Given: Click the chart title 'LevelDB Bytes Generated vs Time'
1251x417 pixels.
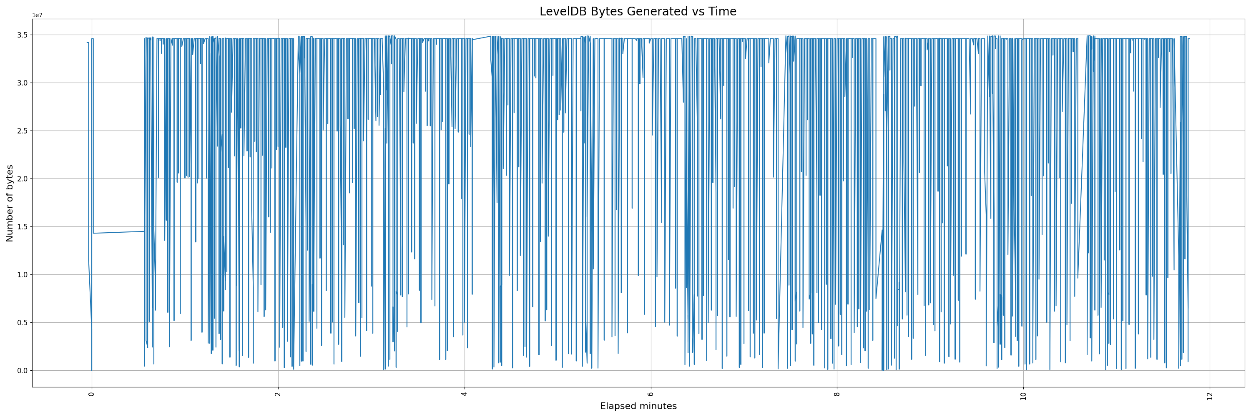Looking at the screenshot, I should pos(638,12).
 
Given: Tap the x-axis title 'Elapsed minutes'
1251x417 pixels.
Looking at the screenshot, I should pos(638,406).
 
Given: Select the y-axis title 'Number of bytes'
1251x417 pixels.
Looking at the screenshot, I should pos(10,203).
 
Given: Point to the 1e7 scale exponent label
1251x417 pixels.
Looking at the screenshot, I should pos(38,15).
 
